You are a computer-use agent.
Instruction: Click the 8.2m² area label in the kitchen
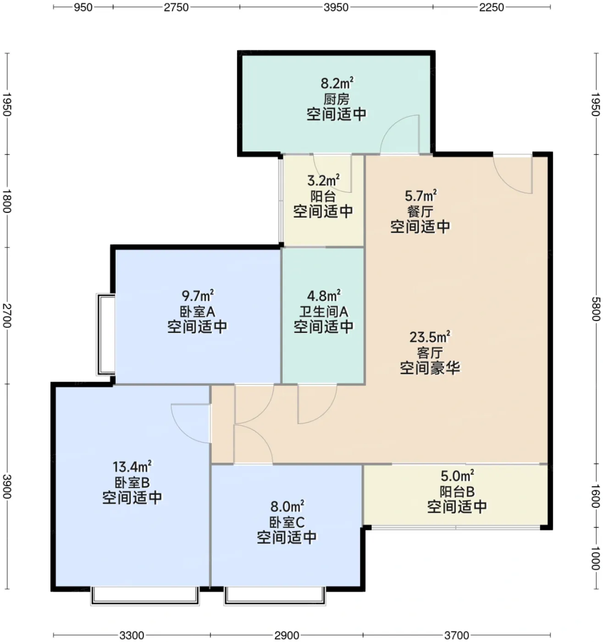coord(337,83)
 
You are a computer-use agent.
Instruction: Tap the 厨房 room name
coord(336,99)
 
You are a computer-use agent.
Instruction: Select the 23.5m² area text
coord(430,337)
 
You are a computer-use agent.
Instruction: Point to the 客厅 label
coord(430,353)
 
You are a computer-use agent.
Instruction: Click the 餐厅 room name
coord(420,211)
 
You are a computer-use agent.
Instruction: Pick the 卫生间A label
coord(324,312)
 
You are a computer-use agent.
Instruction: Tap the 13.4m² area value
coord(132,467)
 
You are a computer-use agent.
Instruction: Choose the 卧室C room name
coord(287,522)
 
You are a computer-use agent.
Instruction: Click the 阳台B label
coord(457,492)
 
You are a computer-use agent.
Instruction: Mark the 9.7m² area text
coord(197,295)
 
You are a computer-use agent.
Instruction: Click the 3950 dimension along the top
coord(336,7)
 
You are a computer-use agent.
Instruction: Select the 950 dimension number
coord(83,7)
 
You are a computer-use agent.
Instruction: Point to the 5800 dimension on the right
coord(596,310)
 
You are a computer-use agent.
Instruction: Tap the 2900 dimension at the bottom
coord(287,635)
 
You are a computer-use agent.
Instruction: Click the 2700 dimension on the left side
coord(7,315)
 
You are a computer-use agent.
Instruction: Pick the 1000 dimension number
coord(596,558)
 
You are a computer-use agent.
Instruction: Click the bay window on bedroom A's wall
coord(106,334)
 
